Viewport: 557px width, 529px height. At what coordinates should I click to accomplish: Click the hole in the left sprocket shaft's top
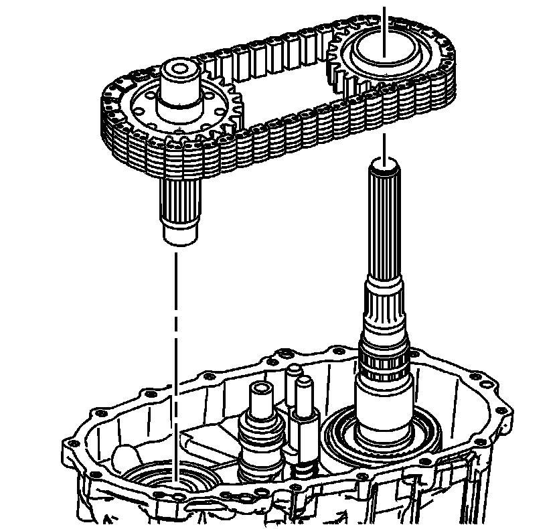pos(179,68)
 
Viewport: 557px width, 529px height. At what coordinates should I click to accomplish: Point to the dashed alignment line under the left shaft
pos(175,335)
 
